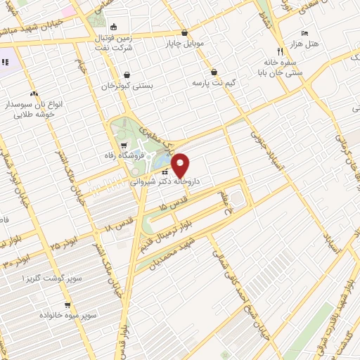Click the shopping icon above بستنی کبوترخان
coord(126,75)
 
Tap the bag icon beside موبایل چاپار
coord(184,32)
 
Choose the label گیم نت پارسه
coord(214,82)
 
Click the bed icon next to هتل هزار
coord(304,34)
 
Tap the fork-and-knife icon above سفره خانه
coord(280,51)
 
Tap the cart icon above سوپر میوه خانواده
coord(67,305)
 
